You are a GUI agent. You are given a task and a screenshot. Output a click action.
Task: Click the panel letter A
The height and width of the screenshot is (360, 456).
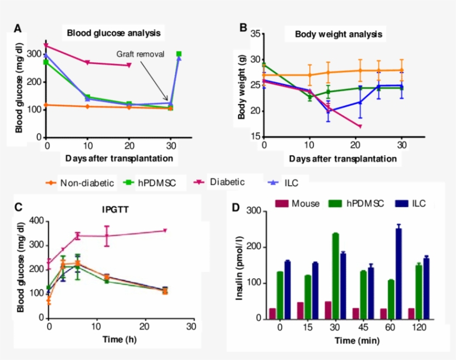pos(18,29)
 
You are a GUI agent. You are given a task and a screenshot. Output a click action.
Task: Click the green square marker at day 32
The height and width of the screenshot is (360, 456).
pos(179,54)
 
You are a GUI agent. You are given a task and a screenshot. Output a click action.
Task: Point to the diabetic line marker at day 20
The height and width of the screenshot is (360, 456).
pos(129,65)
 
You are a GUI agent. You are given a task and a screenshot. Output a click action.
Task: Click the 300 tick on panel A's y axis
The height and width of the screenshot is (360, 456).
pos(35,54)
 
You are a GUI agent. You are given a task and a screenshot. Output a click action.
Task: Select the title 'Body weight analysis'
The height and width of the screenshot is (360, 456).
pos(338,34)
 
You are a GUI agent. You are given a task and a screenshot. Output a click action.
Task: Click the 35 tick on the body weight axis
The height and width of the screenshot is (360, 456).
pos(256,34)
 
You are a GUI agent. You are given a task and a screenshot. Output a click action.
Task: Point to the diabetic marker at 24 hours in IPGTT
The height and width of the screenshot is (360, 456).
pos(165,230)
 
